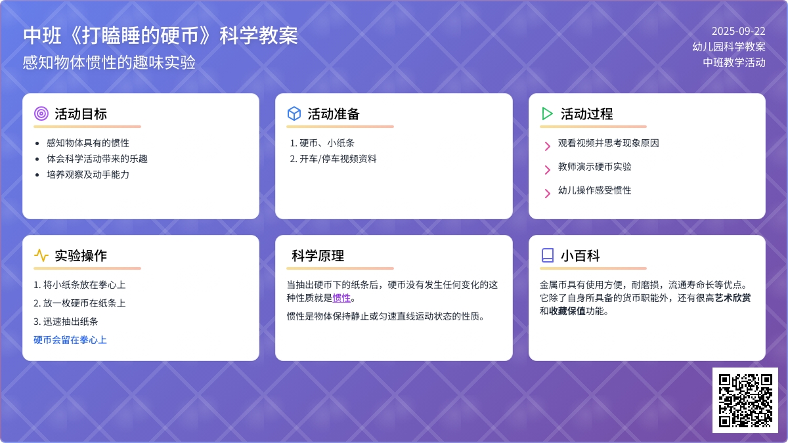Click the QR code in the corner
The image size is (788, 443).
pyautogui.click(x=745, y=400)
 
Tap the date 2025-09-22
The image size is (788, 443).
pyautogui.click(x=738, y=32)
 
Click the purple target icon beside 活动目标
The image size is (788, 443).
pyautogui.click(x=41, y=114)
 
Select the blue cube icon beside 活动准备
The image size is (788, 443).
pyautogui.click(x=294, y=114)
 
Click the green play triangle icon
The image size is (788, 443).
pyautogui.click(x=547, y=114)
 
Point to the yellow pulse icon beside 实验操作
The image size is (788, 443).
pyautogui.click(x=41, y=255)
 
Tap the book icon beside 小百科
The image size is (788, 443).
pyautogui.click(x=548, y=255)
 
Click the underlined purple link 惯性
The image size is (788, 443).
pyautogui.click(x=341, y=298)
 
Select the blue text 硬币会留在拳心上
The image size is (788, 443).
pyautogui.click(x=70, y=340)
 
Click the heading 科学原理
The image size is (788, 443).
pyautogui.click(x=318, y=255)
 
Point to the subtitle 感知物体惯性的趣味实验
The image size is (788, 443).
pyautogui.click(x=109, y=63)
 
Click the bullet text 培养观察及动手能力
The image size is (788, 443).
pyautogui.click(x=88, y=175)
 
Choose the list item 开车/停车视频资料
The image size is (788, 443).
pyautogui.click(x=338, y=159)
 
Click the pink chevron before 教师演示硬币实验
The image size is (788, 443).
pyautogui.click(x=548, y=170)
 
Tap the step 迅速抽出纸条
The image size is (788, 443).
pyautogui.click(x=70, y=322)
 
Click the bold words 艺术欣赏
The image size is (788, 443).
pyautogui.click(x=732, y=298)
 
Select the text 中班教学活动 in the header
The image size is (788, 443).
pyautogui.click(x=734, y=62)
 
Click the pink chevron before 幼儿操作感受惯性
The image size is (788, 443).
pyautogui.click(x=548, y=194)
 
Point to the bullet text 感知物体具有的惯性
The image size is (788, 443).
pyautogui.click(x=88, y=143)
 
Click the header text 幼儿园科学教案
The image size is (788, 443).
pyautogui.click(x=729, y=47)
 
